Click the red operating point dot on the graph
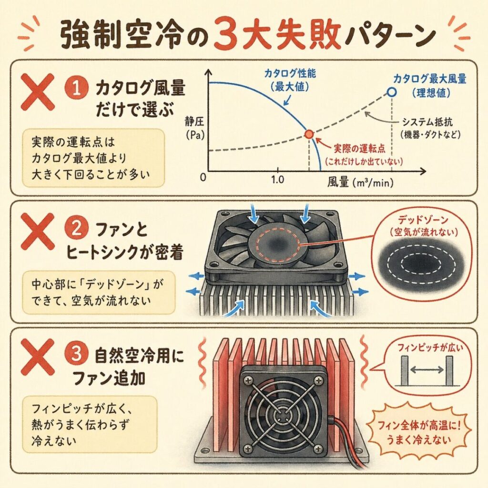[309, 134]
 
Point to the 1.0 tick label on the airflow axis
[277, 180]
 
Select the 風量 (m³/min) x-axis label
[360, 183]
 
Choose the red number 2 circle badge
[76, 230]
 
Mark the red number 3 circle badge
[76, 355]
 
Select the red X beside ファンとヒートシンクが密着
[37, 231]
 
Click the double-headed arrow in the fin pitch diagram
[427, 370]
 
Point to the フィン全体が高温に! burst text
[419, 425]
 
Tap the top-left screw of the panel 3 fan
[248, 379]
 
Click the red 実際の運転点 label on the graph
[359, 149]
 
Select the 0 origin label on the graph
[203, 177]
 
